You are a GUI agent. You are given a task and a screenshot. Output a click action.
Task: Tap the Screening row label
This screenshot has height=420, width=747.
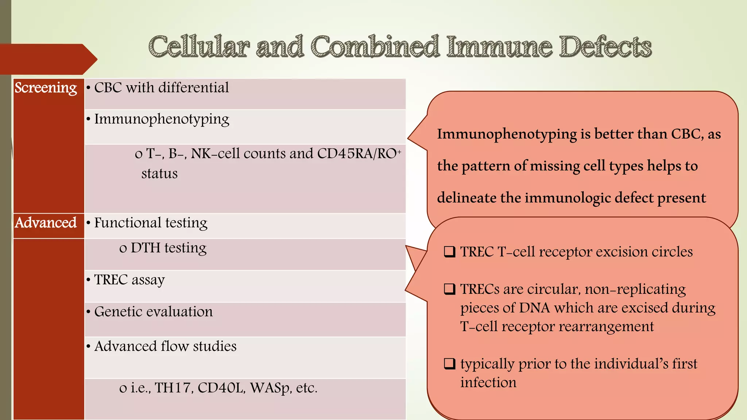click(46, 88)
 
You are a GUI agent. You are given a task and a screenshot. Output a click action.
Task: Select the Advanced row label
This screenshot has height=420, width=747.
click(46, 223)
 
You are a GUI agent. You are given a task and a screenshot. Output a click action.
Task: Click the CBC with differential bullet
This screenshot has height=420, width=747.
click(161, 88)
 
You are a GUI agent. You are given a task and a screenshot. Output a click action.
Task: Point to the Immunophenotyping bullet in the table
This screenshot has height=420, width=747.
click(162, 119)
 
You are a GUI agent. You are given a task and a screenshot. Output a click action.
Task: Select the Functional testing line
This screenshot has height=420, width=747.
click(151, 223)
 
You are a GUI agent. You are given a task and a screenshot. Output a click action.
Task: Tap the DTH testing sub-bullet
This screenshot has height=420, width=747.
click(168, 248)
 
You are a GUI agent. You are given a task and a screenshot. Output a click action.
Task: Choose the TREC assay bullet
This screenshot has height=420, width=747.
click(129, 280)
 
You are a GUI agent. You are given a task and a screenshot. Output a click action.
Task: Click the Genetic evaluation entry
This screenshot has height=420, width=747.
click(153, 312)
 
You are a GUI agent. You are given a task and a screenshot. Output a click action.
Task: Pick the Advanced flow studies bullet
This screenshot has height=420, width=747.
click(165, 346)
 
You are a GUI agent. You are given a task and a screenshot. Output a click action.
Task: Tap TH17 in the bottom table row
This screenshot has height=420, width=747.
click(173, 388)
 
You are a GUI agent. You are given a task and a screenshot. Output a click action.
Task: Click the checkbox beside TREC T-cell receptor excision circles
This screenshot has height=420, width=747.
click(449, 252)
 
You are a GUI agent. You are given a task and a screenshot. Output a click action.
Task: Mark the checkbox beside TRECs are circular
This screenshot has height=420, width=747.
click(449, 289)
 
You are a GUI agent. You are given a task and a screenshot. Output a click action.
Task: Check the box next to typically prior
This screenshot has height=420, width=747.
click(449, 364)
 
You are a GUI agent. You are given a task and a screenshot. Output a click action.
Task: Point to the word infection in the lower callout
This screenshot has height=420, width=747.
click(488, 382)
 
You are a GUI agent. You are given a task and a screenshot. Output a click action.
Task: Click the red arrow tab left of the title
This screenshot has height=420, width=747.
click(47, 59)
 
